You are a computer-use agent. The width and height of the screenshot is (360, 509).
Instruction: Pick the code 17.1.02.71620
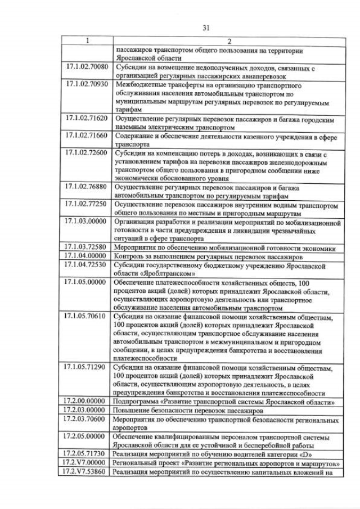click(86, 120)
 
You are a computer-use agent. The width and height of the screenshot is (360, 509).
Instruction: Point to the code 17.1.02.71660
click(86, 137)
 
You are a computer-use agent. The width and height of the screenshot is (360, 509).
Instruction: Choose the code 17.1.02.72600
click(86, 154)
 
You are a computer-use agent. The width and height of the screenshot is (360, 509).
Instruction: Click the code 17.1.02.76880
click(86, 188)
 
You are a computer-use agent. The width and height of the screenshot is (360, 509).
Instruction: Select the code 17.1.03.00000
click(86, 222)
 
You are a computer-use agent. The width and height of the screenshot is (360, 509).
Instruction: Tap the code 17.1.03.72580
click(86, 247)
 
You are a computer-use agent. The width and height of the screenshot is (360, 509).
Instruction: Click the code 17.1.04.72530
click(86, 264)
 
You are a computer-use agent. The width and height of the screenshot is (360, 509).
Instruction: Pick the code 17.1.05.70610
click(86, 316)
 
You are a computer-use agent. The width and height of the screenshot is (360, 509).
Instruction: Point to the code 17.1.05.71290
click(86, 368)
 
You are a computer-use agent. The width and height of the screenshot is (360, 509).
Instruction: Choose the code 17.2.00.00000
click(85, 402)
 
